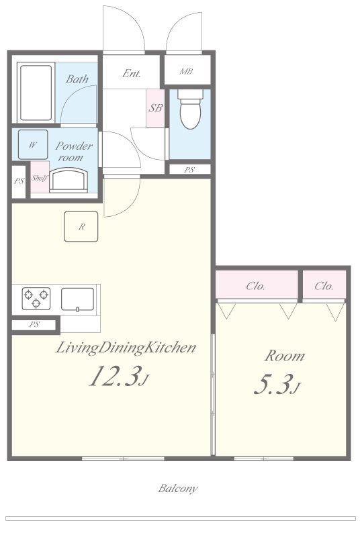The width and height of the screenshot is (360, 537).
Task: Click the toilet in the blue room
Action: (x=190, y=109)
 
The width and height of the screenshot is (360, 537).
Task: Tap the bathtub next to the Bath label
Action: (x=36, y=93)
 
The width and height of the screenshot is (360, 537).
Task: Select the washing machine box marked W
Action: (x=33, y=145)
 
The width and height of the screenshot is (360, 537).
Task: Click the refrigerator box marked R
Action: (x=81, y=226)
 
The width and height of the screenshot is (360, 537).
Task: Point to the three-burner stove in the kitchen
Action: (x=36, y=298)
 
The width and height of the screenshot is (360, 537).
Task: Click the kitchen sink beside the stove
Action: (x=77, y=299)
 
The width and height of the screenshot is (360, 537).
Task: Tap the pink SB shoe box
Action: (x=155, y=108)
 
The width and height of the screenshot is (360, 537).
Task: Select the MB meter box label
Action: (x=186, y=72)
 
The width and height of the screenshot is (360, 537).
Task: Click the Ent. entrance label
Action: (x=132, y=73)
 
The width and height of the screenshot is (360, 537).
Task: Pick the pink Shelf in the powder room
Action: (x=40, y=177)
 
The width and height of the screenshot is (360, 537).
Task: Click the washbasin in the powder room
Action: (x=69, y=179)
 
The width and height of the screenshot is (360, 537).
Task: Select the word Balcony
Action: (x=178, y=488)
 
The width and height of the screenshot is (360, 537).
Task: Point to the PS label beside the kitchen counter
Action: (x=34, y=324)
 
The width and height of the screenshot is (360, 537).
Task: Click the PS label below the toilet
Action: (x=189, y=170)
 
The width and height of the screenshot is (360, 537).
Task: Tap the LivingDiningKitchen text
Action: (x=126, y=348)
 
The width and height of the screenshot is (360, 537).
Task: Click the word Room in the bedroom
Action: (x=284, y=356)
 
